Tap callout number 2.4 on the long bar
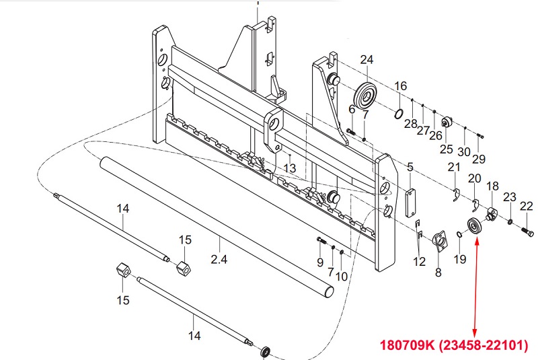(x=219, y=258)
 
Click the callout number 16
(x=401, y=86)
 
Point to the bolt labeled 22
(x=527, y=232)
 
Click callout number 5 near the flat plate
(x=410, y=166)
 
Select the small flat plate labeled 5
(x=410, y=203)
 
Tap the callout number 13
(x=290, y=167)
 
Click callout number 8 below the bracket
(x=438, y=273)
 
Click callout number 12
(x=420, y=262)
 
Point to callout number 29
(x=478, y=159)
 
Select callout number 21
(x=455, y=167)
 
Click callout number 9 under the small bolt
(x=320, y=262)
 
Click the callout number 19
(x=460, y=259)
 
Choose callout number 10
(x=342, y=276)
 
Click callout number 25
(x=447, y=149)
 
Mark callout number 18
(x=492, y=186)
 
